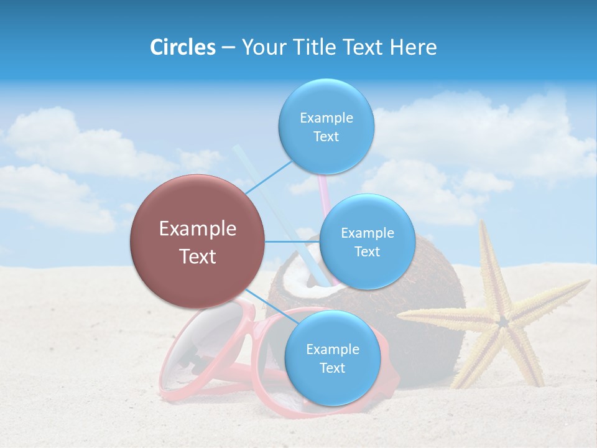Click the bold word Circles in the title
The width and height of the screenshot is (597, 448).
182,47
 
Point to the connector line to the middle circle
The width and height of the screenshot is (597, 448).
292,241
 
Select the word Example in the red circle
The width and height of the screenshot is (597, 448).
198,229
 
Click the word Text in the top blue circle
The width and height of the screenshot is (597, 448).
326,137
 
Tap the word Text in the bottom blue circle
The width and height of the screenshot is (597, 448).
332,368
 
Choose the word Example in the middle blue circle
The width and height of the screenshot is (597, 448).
367,233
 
